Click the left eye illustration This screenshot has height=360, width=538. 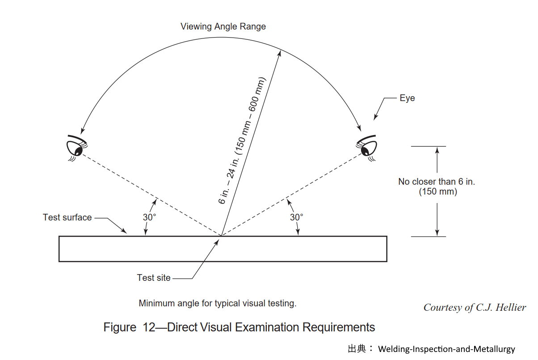[77, 148]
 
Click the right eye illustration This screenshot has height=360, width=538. [366, 148]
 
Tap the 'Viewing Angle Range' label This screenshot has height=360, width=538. [223, 27]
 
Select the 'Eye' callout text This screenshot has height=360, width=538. [407, 98]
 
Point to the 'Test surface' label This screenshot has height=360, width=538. [67, 217]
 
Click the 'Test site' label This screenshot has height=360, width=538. [154, 278]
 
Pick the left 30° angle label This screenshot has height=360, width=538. [149, 217]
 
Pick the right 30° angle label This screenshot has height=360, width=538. [296, 217]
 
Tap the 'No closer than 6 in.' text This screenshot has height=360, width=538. [437, 182]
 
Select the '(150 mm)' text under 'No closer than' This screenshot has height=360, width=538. [438, 192]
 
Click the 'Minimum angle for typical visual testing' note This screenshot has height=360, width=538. [218, 303]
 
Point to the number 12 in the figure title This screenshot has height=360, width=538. [149, 327]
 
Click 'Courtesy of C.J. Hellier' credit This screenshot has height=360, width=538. [475, 308]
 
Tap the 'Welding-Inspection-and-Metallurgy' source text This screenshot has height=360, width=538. [446, 349]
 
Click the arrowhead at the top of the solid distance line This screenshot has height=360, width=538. [279, 53]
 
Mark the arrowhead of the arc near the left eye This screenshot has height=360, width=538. [82, 131]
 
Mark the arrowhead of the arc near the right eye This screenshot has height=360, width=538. [359, 128]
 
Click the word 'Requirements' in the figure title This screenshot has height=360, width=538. [338, 327]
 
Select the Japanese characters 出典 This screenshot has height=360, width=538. [357, 349]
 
